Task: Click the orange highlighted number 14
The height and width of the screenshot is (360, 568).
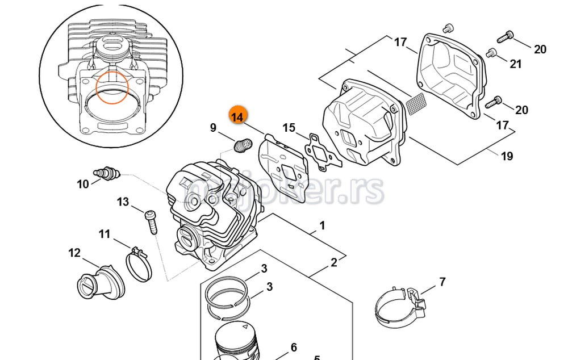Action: coord(237,116)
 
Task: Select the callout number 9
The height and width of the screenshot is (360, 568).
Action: coord(213,128)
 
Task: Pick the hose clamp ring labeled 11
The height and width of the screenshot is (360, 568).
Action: coord(138,263)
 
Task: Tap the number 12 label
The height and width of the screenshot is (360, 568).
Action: coord(74,253)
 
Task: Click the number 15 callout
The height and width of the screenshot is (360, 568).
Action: coord(289,128)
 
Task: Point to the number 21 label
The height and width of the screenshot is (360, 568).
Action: coord(515,64)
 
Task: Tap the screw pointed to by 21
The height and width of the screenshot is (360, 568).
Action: coord(491,53)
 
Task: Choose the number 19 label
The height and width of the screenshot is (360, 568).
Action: coord(507,156)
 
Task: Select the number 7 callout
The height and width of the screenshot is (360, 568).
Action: coord(442,282)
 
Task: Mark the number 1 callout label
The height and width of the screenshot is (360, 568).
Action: coord(322,226)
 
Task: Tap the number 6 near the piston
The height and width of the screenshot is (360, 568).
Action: coord(294,348)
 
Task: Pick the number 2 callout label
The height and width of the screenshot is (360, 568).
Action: coord(334,262)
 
